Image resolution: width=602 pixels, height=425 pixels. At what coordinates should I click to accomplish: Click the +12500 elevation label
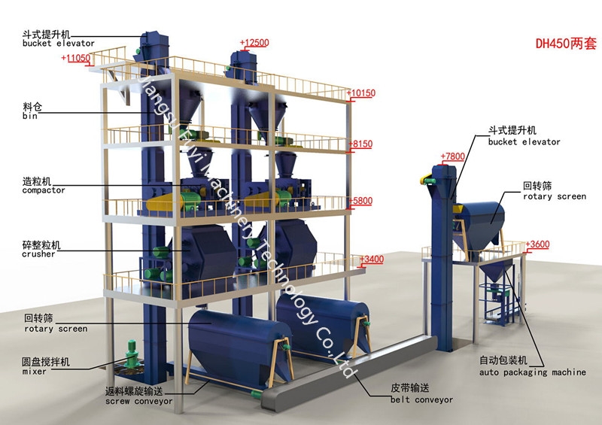tap(254, 43)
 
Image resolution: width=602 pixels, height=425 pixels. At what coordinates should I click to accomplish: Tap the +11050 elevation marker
tap(78, 58)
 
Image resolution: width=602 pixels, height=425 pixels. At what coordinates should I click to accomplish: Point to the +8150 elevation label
tap(361, 144)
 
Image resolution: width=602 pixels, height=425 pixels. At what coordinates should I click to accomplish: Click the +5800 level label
tap(361, 201)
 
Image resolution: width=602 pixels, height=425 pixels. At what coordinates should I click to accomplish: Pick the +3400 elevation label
tap(372, 260)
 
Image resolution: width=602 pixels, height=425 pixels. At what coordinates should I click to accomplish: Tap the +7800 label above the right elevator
tap(453, 156)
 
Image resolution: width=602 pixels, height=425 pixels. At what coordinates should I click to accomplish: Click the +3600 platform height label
tap(537, 244)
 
